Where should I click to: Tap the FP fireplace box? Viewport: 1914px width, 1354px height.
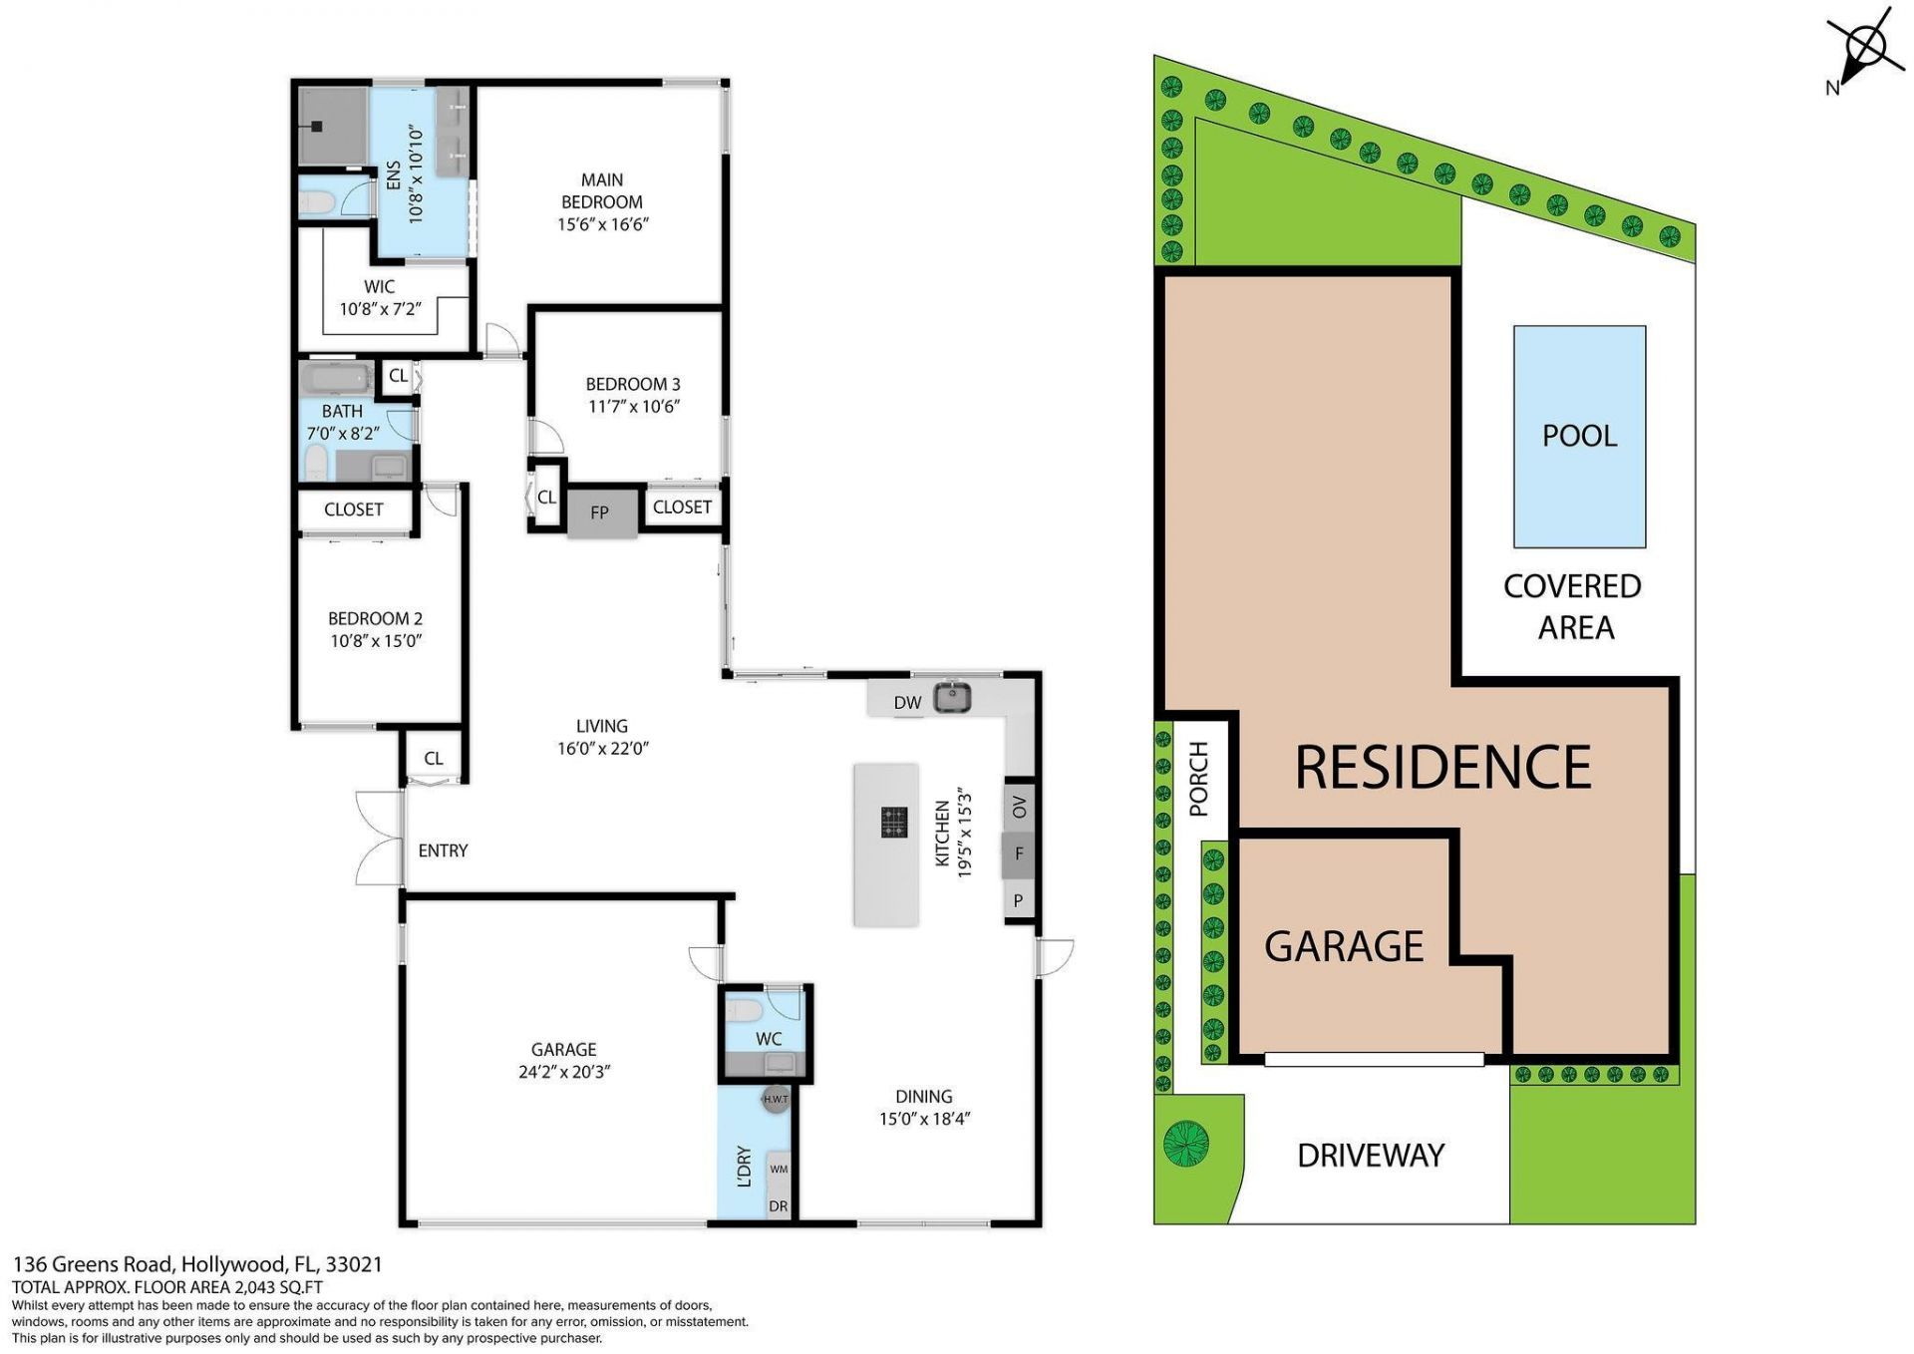click(601, 513)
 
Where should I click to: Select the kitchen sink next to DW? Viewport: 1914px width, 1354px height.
click(952, 697)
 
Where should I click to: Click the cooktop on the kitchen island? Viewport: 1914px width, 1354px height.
click(894, 823)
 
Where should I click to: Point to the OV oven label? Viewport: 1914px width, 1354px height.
click(1019, 807)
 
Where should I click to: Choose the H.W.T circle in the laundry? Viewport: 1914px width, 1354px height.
click(776, 1100)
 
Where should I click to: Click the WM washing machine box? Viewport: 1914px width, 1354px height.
click(779, 1170)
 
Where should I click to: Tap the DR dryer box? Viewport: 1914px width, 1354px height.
click(779, 1206)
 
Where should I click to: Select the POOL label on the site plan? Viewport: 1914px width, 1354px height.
click(1579, 436)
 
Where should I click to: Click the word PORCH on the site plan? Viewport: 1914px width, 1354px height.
click(1198, 779)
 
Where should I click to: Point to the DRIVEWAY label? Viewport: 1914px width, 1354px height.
click(1371, 1156)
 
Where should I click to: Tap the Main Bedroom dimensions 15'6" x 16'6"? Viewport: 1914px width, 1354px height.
click(602, 225)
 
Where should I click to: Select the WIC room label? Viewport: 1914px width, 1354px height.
click(379, 287)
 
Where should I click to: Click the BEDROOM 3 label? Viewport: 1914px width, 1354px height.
click(633, 384)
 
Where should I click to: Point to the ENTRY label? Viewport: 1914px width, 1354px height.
click(443, 850)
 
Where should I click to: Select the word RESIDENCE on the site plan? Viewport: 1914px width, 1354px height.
click(1442, 767)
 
